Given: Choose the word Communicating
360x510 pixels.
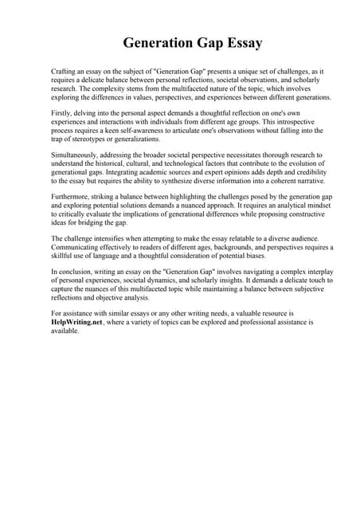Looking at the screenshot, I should click(79, 247).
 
